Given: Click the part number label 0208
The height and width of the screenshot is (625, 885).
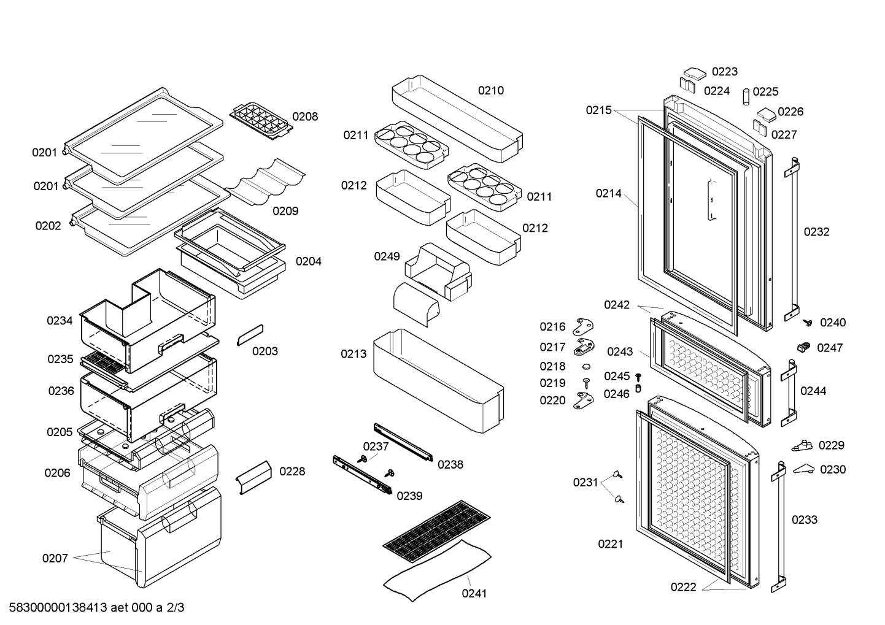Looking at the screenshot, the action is [305, 117].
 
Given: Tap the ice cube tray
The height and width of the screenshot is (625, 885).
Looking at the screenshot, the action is [261, 121].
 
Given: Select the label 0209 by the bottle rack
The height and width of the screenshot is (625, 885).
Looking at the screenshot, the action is [285, 211].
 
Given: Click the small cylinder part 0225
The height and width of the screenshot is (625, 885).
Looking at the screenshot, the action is [746, 97].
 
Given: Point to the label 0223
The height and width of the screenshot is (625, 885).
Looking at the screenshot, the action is [725, 72].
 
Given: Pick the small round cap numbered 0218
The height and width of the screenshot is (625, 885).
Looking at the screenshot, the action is [585, 366].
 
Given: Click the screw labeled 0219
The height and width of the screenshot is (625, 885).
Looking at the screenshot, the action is [586, 383].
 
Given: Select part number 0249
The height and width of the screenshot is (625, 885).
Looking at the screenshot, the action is [387, 256].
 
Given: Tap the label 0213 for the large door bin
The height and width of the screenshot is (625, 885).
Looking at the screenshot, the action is [354, 354].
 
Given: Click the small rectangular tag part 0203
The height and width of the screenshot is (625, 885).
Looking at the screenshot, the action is [250, 335].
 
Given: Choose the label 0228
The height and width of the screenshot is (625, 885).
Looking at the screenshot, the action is [292, 472].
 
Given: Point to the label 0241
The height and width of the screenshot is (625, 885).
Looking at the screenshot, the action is [474, 594].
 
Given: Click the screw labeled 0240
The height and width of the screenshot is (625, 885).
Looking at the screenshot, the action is [808, 323].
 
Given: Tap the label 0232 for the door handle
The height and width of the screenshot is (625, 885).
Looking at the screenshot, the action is [816, 232].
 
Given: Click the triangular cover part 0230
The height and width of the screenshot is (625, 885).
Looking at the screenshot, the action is [803, 469].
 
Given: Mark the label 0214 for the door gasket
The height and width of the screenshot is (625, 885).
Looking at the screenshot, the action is [608, 193].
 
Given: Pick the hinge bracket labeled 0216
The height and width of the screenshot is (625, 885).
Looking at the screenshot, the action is [583, 327].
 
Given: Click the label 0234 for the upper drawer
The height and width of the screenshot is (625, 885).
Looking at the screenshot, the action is [60, 321].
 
